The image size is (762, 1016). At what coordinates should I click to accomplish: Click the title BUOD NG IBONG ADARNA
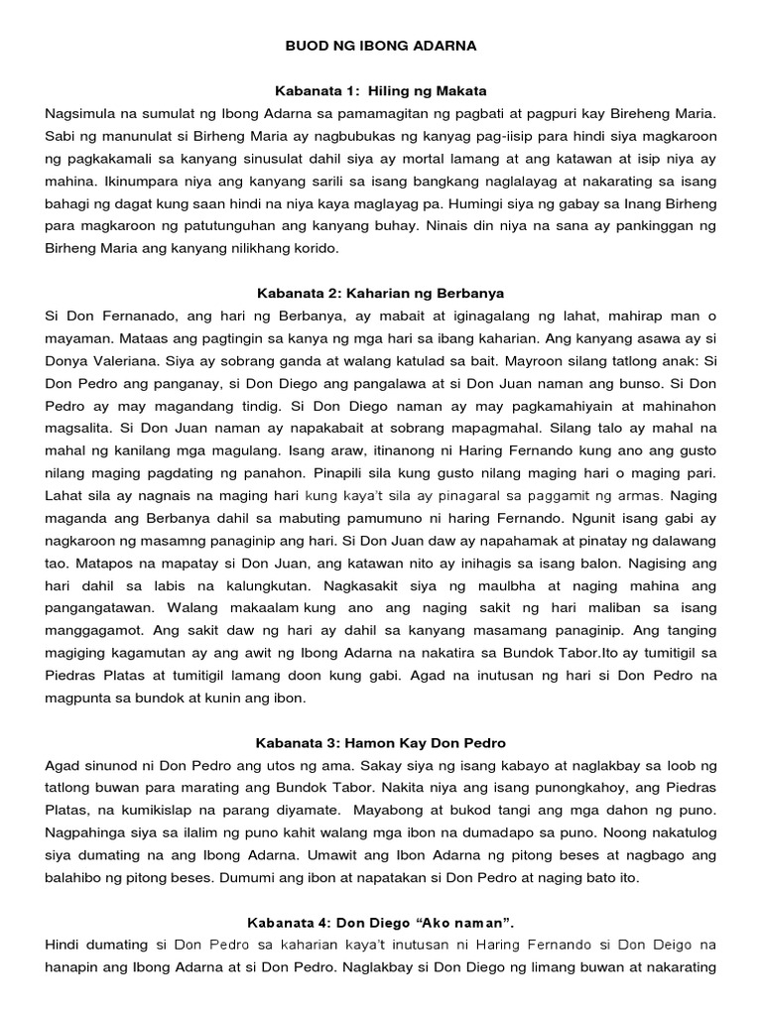pyautogui.click(x=381, y=46)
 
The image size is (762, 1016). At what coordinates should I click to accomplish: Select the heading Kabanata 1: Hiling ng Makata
pyautogui.click(x=381, y=90)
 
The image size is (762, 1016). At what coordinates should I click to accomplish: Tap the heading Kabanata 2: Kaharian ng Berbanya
pyautogui.click(x=381, y=294)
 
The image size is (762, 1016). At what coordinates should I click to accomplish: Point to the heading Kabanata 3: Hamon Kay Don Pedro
pyautogui.click(x=381, y=743)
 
